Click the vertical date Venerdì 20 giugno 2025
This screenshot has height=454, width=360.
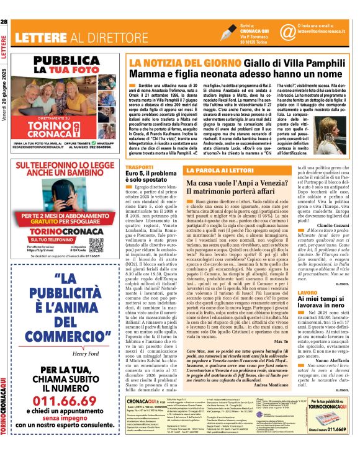click(x=5, y=92)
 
